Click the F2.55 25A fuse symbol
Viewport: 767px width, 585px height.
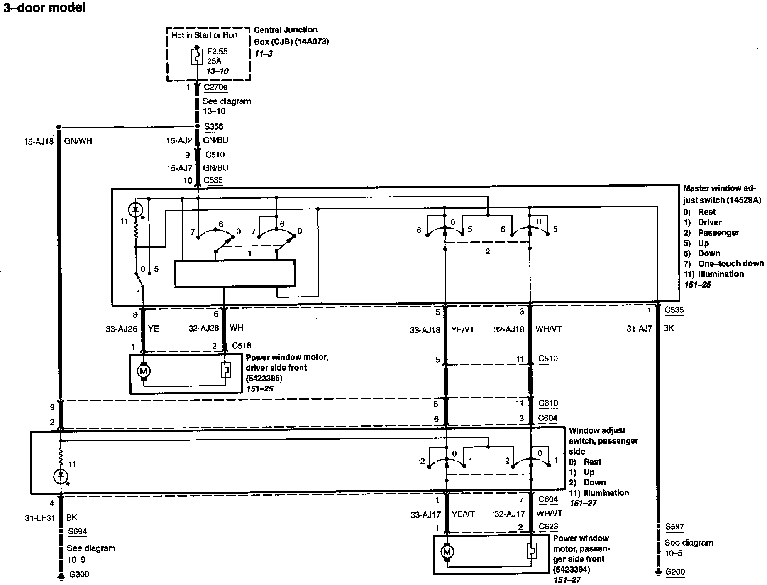coord(197,57)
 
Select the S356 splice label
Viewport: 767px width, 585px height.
coord(214,127)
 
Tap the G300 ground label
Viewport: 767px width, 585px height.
coord(79,574)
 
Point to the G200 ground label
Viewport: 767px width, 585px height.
coord(675,572)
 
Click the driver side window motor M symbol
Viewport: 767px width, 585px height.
coord(144,371)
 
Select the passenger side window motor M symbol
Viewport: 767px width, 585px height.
coord(447,552)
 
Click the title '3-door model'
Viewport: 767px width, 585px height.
coord(44,7)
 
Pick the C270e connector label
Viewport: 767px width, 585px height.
coord(216,87)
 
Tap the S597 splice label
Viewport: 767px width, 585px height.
coord(674,526)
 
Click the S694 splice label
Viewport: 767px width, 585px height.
coord(78,531)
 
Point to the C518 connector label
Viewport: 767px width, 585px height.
coord(242,346)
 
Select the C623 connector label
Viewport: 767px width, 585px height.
coord(548,526)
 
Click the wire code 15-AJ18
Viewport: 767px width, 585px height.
coord(38,141)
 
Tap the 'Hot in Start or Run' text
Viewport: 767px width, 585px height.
coord(204,35)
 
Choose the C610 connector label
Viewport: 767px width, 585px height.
coord(548,403)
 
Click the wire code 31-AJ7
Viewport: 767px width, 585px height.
coord(639,329)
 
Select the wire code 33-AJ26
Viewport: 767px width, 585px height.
coord(121,329)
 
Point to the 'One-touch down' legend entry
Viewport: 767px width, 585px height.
coord(723,264)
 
